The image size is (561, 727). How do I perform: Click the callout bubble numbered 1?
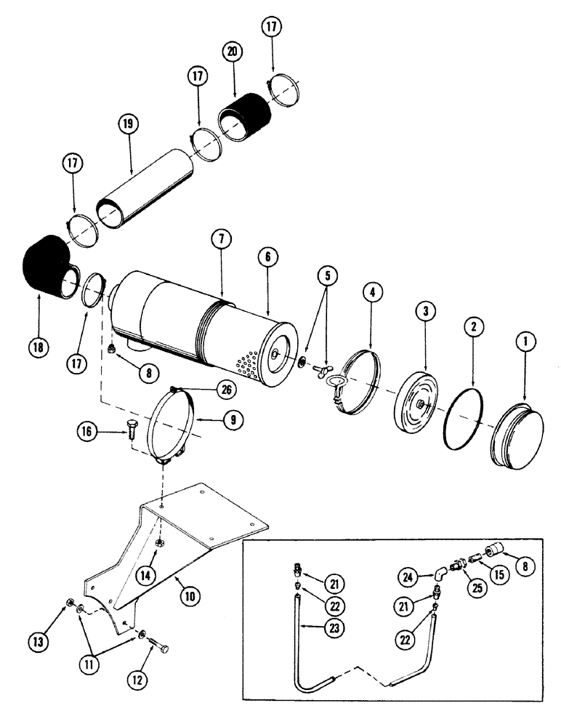click(524, 340)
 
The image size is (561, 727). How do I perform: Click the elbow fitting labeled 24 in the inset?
click(439, 574)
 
